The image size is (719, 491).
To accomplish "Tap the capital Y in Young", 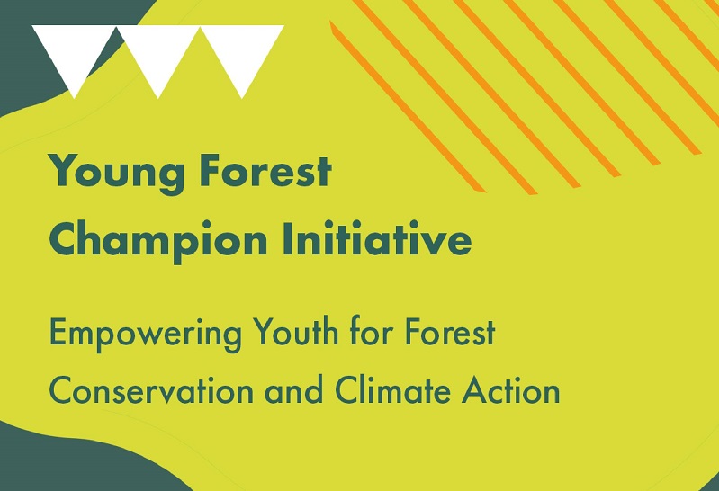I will (x=64, y=171).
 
